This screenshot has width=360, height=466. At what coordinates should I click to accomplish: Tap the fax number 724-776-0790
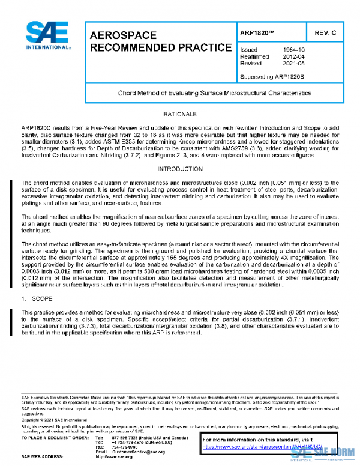point(124,447)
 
